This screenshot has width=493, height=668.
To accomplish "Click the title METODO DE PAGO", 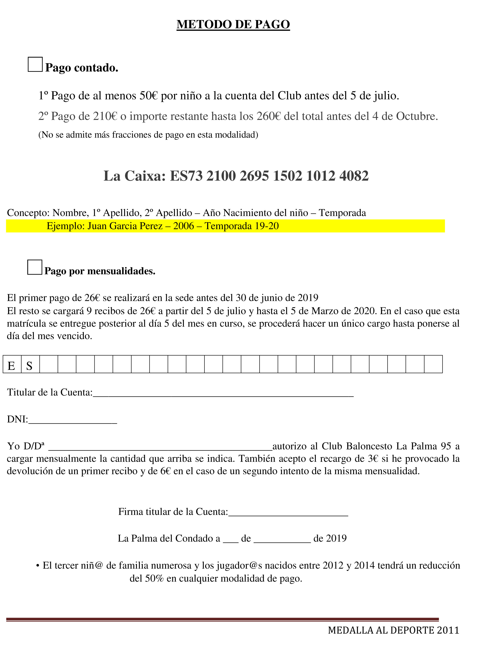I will pyautogui.click(x=233, y=24).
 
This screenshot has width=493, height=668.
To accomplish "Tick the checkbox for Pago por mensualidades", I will pyautogui.click(x=35, y=267).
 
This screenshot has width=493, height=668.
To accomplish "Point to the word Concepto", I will pyautogui.click(x=28, y=213).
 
